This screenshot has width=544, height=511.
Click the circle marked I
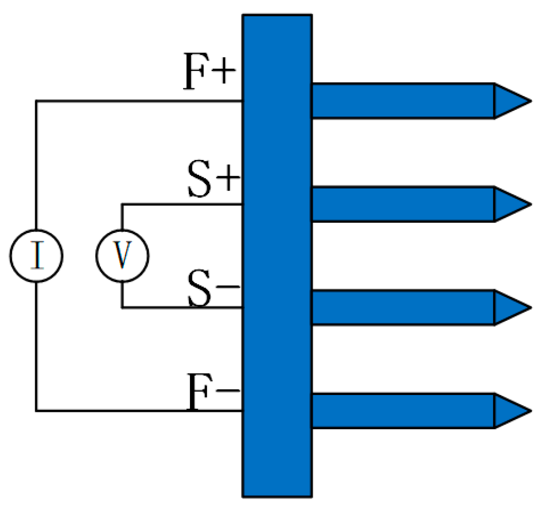(x=36, y=255)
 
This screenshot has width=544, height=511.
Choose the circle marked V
(x=122, y=255)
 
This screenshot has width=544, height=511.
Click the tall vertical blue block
(x=277, y=255)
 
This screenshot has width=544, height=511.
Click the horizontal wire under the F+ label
(x=138, y=101)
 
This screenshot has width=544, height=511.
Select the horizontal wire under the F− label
(x=138, y=410)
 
